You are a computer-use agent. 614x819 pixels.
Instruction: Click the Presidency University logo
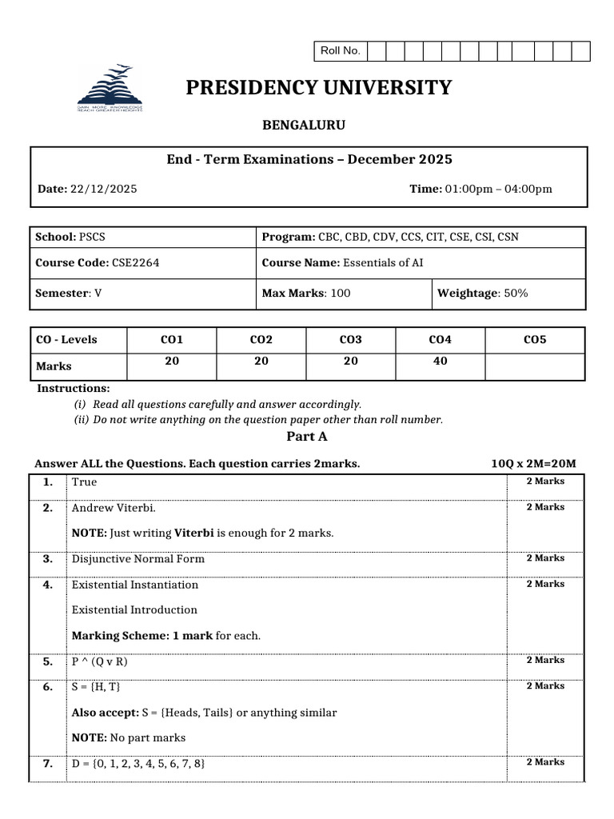click(110, 89)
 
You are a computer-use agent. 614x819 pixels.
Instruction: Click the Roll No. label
click(341, 51)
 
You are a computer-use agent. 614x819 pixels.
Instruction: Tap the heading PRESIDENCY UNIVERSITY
click(318, 88)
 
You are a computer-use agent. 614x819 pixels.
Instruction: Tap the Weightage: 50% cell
click(483, 294)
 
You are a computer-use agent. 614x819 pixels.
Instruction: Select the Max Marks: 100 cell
click(306, 294)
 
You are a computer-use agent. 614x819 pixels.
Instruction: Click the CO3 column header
click(350, 340)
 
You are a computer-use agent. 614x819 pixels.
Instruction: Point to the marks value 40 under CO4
click(440, 362)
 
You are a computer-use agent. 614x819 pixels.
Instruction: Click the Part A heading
click(307, 437)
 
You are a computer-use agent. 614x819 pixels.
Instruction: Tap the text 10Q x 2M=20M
click(533, 465)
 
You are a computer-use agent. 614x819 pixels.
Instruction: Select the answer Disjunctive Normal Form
click(138, 559)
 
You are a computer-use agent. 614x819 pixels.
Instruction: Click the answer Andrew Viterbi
click(114, 508)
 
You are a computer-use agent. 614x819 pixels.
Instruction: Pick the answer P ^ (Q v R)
click(100, 661)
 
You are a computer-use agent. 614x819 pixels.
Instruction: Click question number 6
click(48, 687)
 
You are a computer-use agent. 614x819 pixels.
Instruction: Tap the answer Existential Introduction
click(134, 610)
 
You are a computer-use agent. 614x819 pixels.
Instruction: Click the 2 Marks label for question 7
click(545, 762)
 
